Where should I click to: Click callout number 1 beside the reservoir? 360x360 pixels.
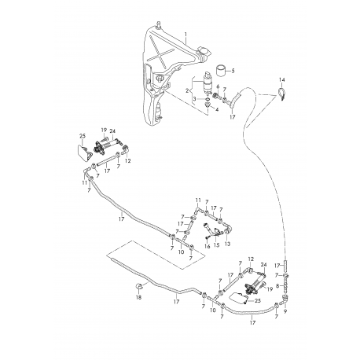pyautogui.click(x=186, y=35)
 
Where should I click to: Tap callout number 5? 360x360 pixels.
pyautogui.click(x=233, y=71)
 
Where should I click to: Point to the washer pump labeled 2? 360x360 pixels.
pyautogui.click(x=208, y=83)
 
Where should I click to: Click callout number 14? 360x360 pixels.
pyautogui.click(x=281, y=79)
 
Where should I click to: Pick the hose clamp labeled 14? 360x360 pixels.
pyautogui.click(x=281, y=94)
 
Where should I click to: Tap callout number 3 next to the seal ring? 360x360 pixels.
pyautogui.click(x=195, y=99)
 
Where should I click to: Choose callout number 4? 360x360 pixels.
pyautogui.click(x=217, y=109)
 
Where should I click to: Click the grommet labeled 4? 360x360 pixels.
pyautogui.click(x=208, y=105)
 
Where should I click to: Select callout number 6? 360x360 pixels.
pyautogui.click(x=218, y=86)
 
